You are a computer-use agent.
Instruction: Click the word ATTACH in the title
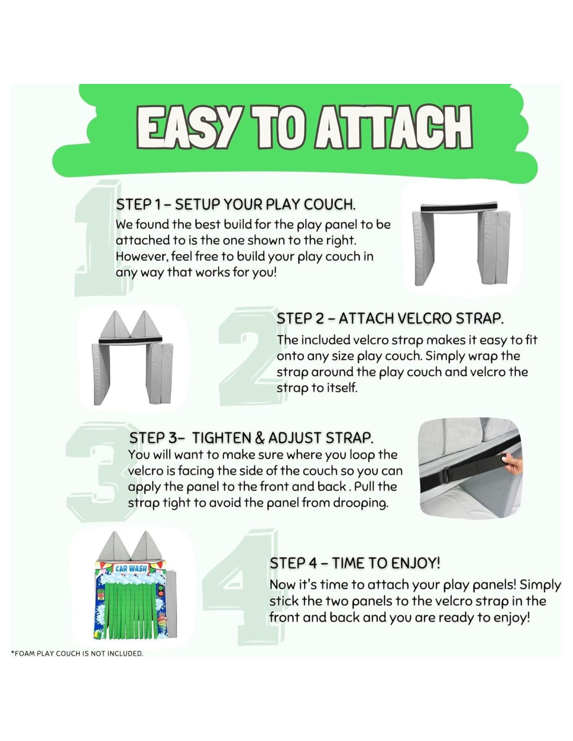click(393, 127)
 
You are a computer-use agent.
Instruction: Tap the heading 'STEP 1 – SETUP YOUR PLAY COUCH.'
click(236, 204)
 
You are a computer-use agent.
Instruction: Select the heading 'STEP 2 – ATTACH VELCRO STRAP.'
click(390, 318)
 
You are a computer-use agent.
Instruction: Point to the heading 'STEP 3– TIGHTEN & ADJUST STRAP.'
click(251, 438)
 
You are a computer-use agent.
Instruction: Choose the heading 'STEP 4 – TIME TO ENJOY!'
click(355, 563)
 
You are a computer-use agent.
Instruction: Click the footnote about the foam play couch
click(77, 653)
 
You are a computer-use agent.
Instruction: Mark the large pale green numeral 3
click(99, 472)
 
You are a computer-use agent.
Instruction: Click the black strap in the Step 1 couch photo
click(459, 207)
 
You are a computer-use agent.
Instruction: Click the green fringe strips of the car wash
click(131, 610)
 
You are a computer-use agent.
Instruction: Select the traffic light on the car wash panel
click(160, 591)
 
